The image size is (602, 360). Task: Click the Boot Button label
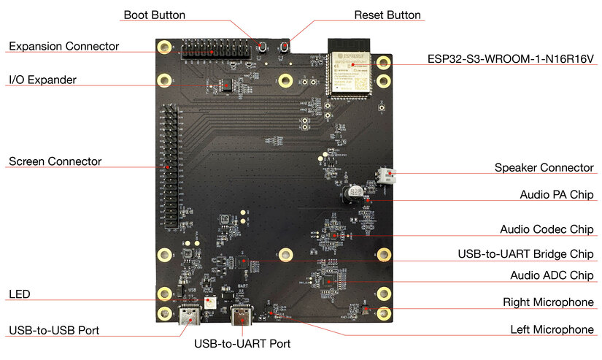[x=154, y=15]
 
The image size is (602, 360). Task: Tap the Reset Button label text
[x=387, y=15]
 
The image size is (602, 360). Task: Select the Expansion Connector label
[x=63, y=46]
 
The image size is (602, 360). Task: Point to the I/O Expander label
[x=42, y=78]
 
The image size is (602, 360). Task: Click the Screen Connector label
[x=55, y=161]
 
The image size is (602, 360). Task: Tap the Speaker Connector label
[x=544, y=167]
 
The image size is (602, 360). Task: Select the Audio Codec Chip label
[x=547, y=229]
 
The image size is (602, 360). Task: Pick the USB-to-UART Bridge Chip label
[x=525, y=253]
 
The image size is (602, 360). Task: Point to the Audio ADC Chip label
[x=551, y=275]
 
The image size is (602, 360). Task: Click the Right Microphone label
[x=548, y=302]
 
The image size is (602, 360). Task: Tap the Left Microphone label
[x=552, y=329]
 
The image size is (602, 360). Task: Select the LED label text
[x=19, y=294]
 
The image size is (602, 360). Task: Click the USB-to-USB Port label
[x=54, y=330]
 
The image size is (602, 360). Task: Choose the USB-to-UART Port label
[x=242, y=343]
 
